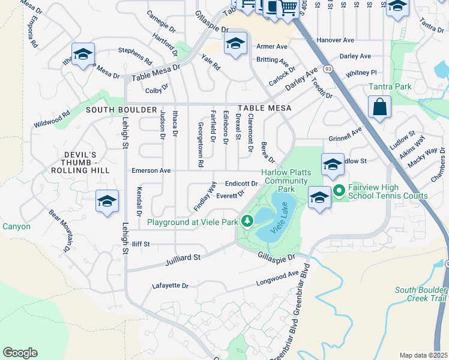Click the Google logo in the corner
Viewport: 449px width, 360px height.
pyautogui.click(x=20, y=353)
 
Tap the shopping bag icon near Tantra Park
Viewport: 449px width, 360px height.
pyautogui.click(x=379, y=108)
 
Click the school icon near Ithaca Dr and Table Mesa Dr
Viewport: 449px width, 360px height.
pyautogui.click(x=83, y=53)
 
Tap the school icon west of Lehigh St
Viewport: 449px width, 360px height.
pyautogui.click(x=107, y=201)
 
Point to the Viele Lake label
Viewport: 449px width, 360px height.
pyautogui.click(x=282, y=220)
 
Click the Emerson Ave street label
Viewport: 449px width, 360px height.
pyautogui.click(x=151, y=171)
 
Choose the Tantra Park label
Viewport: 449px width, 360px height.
pyautogui.click(x=390, y=87)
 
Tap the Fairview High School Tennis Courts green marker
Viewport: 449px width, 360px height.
pyautogui.click(x=338, y=191)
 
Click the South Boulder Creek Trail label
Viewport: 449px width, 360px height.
pyautogui.click(x=421, y=295)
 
